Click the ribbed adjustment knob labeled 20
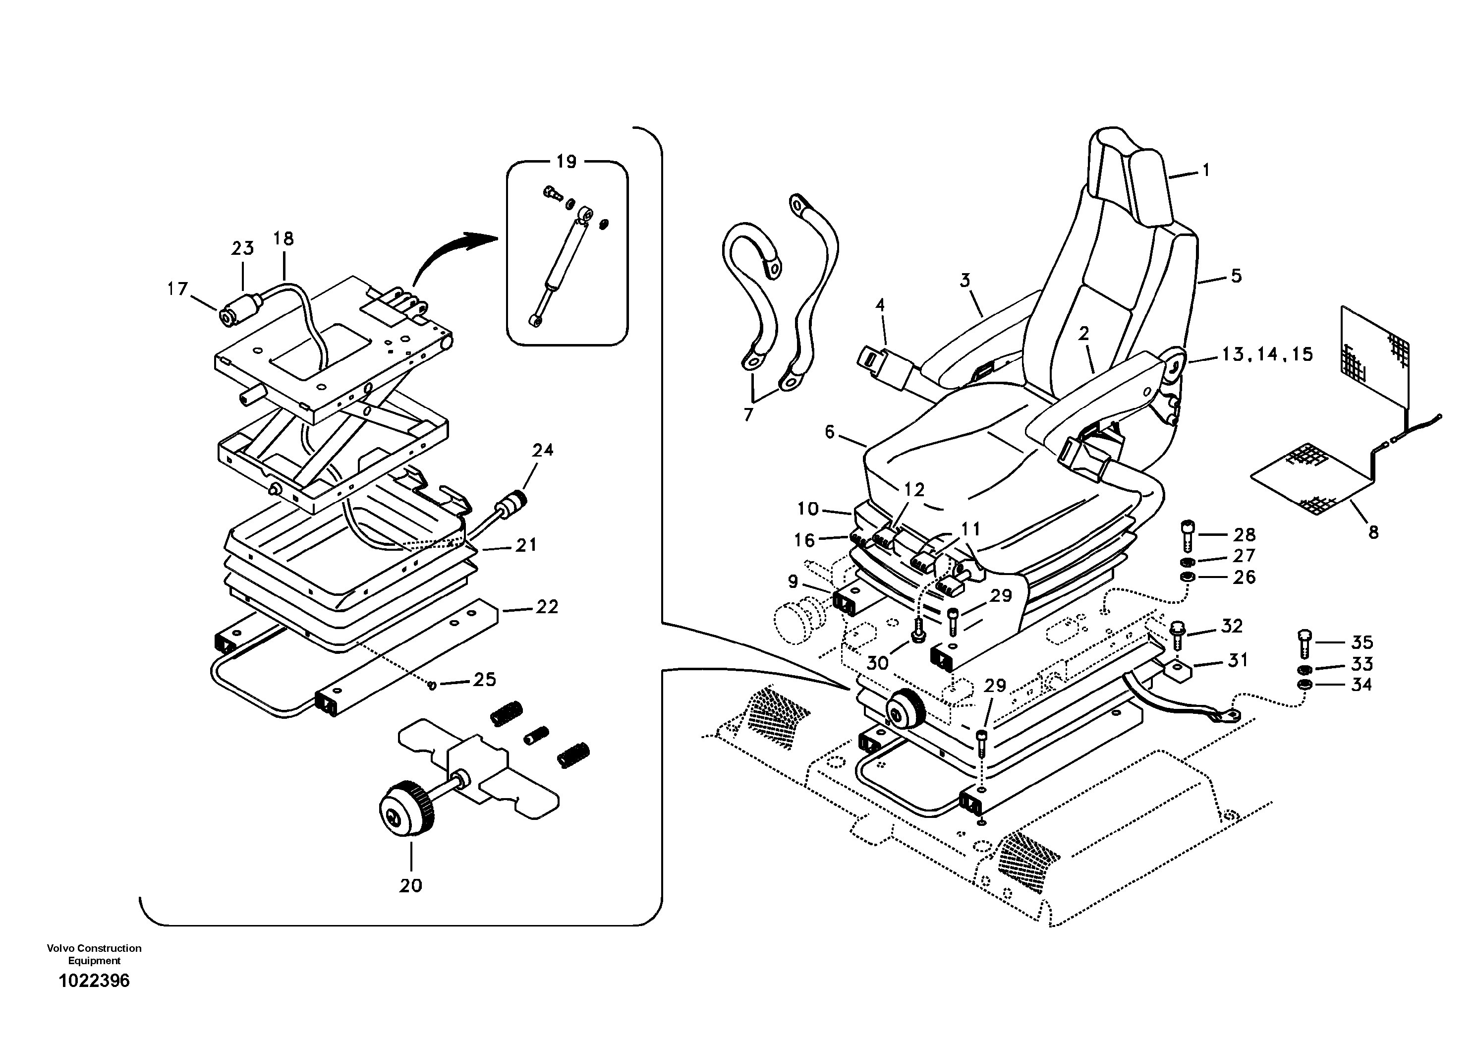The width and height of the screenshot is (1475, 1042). [x=406, y=807]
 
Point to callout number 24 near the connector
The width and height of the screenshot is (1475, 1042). [x=543, y=450]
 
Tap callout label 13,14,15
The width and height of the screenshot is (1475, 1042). [x=1267, y=354]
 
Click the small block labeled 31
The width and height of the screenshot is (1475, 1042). [x=1178, y=671]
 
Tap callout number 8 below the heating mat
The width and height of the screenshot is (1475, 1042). [x=1373, y=532]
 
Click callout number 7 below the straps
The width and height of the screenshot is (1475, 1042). [x=748, y=415]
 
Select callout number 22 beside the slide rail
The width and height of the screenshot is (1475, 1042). [x=547, y=606]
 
